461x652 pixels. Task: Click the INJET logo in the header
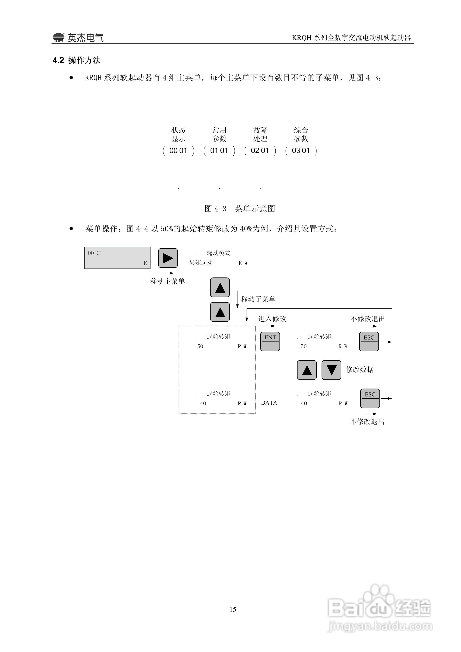[x=58, y=38]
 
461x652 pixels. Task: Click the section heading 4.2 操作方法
[x=77, y=60]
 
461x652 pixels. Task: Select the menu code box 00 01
[x=178, y=151]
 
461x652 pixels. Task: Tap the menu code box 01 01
[x=219, y=151]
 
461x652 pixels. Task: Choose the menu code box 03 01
[x=301, y=151]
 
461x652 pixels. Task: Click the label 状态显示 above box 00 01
[x=178, y=134]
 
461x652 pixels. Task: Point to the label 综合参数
[x=301, y=134]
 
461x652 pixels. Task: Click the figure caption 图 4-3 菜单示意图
[x=240, y=209]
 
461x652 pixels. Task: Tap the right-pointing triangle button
[x=168, y=258]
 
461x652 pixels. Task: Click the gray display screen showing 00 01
[x=117, y=258]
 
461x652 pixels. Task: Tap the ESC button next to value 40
[x=370, y=398]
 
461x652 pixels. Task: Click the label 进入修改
[x=272, y=319]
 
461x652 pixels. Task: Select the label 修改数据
[x=360, y=369]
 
